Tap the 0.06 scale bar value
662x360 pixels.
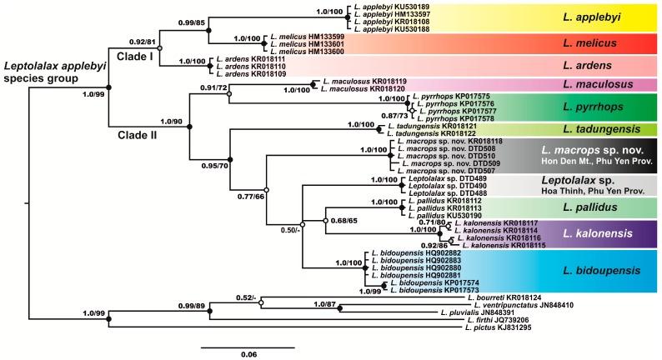248,353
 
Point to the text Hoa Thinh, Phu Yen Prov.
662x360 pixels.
602,191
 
